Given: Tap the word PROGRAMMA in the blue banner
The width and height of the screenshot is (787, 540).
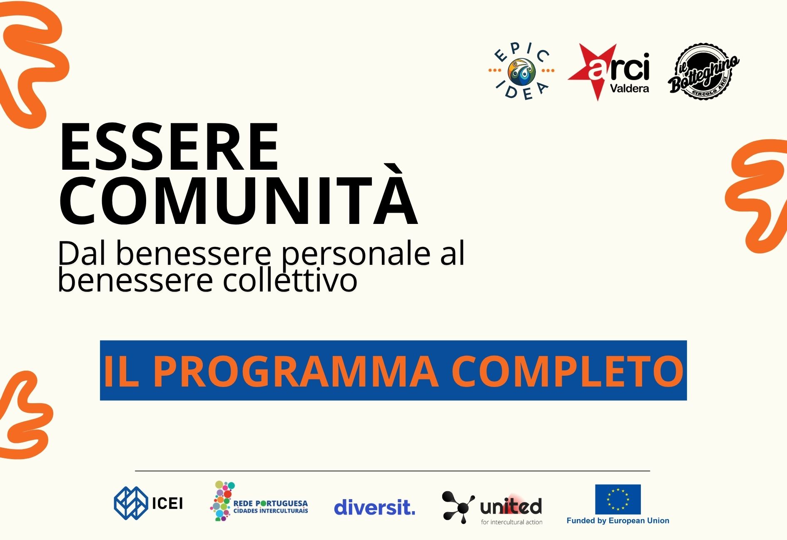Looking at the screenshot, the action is coord(296,371).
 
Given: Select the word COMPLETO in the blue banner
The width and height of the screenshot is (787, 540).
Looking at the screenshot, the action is coord(567,371).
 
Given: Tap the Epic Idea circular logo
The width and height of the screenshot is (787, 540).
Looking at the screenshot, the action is coord(521,72).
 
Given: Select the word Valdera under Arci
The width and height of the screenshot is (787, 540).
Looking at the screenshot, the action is coord(629,88).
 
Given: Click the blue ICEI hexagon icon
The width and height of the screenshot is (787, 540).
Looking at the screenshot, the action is coord(131,503).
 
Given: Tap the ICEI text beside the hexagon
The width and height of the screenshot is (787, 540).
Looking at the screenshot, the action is coord(167,504).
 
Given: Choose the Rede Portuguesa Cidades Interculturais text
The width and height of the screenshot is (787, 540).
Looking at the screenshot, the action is coord(270,507).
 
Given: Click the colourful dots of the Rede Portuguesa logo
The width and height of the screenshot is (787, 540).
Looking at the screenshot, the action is coord(222,501).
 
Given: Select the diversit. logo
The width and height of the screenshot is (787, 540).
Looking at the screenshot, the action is coord(375,507).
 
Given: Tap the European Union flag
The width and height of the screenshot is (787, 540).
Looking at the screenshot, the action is coord(618,499).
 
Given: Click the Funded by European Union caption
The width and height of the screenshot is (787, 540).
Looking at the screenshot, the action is coord(618,520).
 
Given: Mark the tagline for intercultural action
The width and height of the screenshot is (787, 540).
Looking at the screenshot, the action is coord(512,522).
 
